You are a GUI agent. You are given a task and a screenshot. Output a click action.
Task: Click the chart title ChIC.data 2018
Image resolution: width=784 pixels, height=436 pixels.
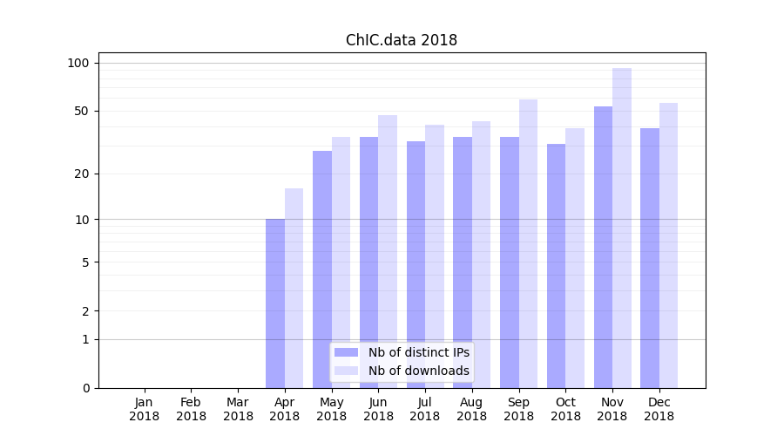401,40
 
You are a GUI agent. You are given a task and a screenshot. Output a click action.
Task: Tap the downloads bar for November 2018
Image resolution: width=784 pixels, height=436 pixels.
622,228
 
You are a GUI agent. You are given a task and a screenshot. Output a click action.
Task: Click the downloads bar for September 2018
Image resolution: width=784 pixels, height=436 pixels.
528,243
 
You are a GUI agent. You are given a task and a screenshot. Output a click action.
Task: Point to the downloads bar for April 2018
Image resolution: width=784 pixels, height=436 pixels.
294,288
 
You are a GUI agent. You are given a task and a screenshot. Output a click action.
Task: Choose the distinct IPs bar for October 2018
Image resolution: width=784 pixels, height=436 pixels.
556,266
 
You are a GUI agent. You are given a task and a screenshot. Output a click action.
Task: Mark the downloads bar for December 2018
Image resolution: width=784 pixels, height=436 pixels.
668,245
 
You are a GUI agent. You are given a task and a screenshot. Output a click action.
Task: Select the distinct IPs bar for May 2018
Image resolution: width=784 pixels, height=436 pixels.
322,269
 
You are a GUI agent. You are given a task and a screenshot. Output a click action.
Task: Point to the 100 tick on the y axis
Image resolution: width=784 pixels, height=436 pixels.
78,63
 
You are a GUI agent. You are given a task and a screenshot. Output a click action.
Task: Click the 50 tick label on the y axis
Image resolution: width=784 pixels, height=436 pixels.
81,111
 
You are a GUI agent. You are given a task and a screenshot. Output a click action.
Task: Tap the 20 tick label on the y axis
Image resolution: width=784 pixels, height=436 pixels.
81,174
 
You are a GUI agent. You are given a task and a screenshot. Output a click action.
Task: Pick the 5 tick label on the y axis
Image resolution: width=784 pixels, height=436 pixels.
84,262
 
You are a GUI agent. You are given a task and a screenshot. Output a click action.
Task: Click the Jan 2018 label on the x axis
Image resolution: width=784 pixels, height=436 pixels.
145,409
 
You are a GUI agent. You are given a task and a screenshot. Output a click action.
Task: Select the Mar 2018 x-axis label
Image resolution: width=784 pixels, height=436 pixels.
238,409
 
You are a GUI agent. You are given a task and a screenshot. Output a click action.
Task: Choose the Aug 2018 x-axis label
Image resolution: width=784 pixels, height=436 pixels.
472,409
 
